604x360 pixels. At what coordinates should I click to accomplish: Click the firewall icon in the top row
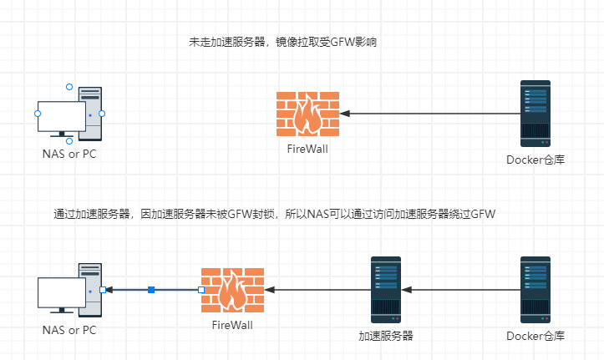(x=307, y=114)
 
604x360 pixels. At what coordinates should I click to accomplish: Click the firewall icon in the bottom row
(x=232, y=290)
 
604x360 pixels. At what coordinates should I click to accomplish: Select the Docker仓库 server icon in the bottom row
(x=535, y=289)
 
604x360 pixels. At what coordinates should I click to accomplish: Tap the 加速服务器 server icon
(x=385, y=289)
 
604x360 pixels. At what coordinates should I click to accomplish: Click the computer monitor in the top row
(x=61, y=117)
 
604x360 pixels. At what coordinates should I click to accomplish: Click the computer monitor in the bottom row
(x=61, y=293)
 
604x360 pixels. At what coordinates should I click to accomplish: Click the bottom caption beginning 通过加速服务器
(x=274, y=214)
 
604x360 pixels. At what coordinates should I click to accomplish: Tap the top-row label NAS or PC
(x=69, y=155)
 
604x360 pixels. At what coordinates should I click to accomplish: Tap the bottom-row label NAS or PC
(x=69, y=330)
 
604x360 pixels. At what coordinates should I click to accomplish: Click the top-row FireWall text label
(x=307, y=150)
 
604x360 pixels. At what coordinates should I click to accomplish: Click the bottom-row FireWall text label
(x=232, y=325)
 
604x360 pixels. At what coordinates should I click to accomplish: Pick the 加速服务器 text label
(x=386, y=336)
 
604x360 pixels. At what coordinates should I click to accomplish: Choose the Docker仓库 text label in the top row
(x=535, y=160)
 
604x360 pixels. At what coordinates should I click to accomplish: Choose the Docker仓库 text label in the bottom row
(x=535, y=336)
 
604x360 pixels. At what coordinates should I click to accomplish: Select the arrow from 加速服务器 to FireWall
(x=317, y=290)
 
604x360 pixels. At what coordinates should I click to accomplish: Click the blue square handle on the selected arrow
(x=151, y=290)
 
